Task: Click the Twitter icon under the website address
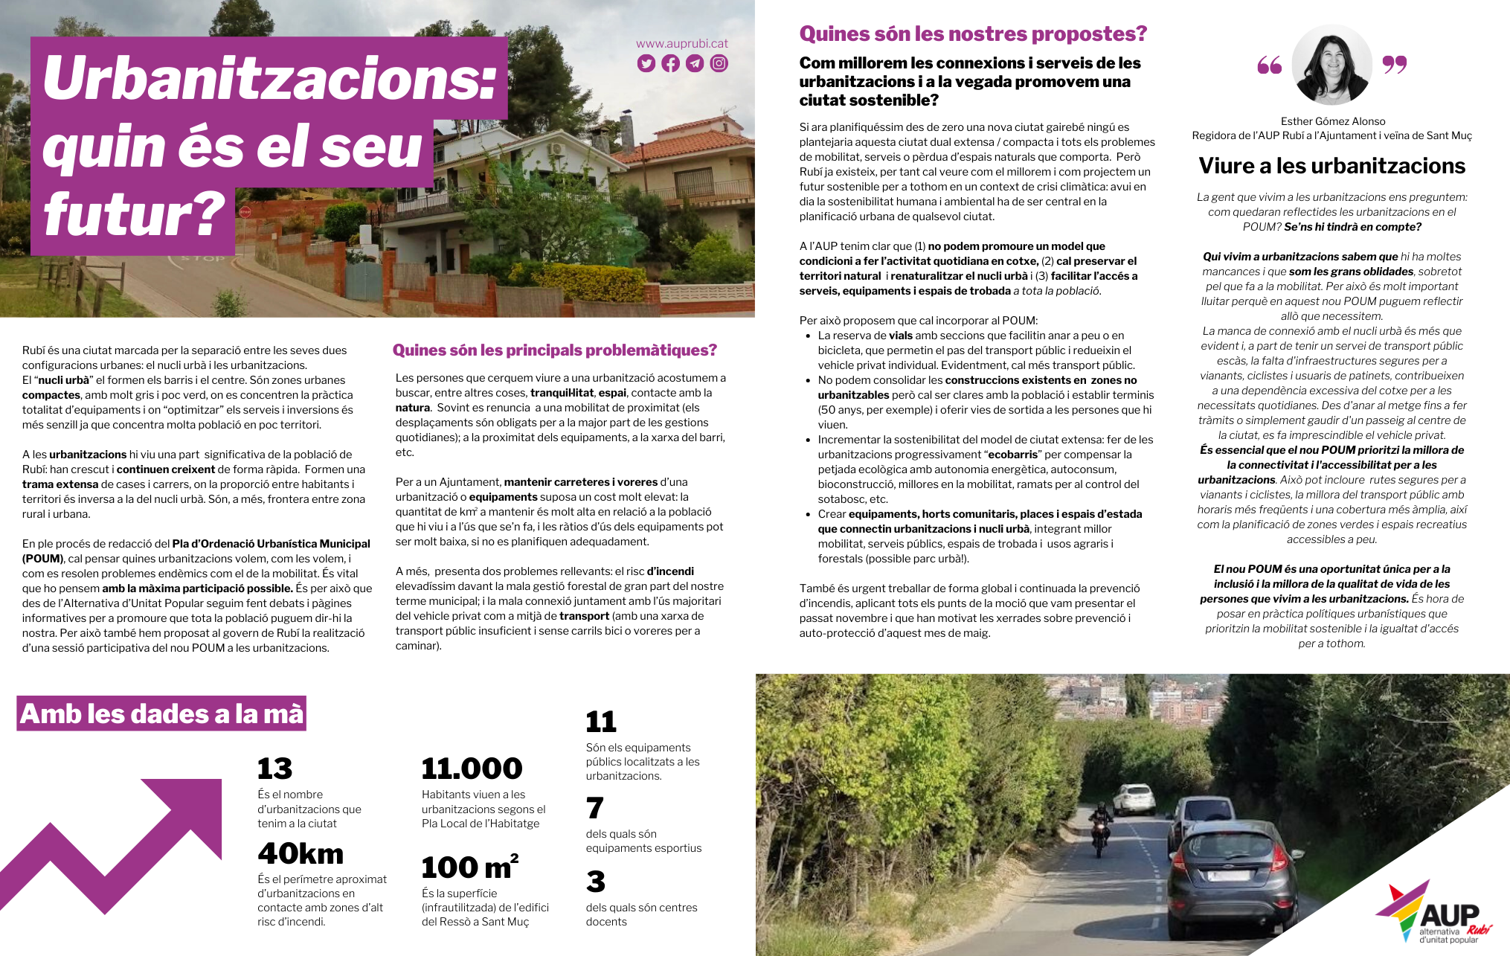(x=646, y=64)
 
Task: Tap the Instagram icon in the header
(x=719, y=64)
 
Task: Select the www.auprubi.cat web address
(x=681, y=44)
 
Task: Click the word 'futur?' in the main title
(x=135, y=215)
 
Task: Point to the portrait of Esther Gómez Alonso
(x=1331, y=65)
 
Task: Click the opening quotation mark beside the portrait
(x=1269, y=65)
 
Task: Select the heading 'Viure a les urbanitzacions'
(x=1331, y=166)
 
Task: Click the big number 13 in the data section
(x=274, y=769)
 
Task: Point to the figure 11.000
(x=472, y=769)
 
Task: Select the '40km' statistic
(x=301, y=854)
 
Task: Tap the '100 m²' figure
(x=469, y=867)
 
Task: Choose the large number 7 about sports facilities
(x=594, y=808)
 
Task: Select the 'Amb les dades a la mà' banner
(x=161, y=714)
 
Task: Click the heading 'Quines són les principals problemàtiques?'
(x=554, y=350)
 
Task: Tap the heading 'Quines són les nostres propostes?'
(x=973, y=34)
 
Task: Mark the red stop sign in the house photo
(x=245, y=212)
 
